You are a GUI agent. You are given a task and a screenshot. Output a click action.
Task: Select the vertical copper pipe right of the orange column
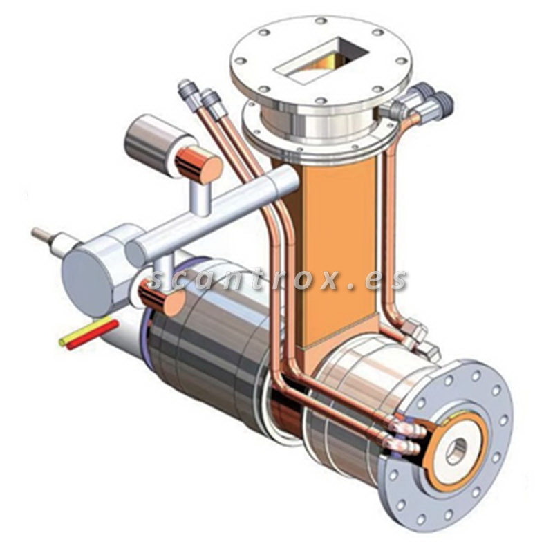pyautogui.click(x=390, y=228)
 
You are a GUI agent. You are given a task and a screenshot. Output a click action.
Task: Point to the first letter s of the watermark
pyautogui.click(x=158, y=279)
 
